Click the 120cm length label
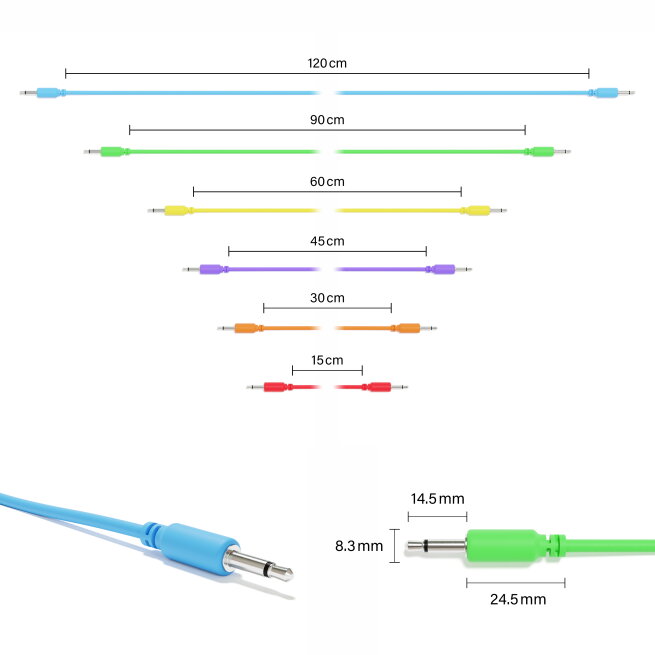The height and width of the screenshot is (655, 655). (327, 63)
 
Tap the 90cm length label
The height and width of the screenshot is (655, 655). (327, 120)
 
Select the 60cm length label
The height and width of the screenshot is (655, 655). (327, 182)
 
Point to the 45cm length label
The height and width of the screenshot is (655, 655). (327, 241)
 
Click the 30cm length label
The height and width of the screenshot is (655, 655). (327, 298)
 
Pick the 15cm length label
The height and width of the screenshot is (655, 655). (327, 360)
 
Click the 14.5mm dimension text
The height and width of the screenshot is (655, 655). (437, 499)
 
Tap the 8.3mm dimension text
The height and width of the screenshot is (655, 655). (359, 546)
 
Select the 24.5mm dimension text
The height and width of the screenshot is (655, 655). (518, 599)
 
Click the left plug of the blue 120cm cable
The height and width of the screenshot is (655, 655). (43, 92)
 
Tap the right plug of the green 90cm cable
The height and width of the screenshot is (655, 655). (548, 152)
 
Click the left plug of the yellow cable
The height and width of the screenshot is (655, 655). (171, 211)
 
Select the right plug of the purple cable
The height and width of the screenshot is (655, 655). (449, 269)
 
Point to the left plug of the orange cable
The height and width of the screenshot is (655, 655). (241, 328)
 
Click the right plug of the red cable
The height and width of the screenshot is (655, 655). (385, 387)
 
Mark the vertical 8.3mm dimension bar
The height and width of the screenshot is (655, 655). (394, 546)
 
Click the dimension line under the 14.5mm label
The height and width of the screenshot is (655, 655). (437, 517)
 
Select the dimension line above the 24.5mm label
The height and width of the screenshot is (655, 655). (515, 583)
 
